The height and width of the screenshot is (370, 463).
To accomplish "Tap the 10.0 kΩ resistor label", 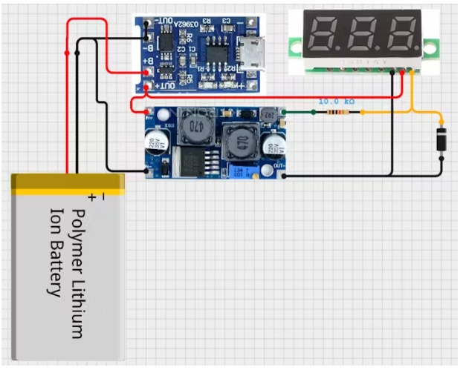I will click(336, 101).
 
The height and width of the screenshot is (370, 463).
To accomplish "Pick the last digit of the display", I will click(403, 34).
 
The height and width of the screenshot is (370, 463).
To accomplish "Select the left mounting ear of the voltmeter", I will click(296, 45).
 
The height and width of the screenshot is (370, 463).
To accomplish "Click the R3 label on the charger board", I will click(206, 22).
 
